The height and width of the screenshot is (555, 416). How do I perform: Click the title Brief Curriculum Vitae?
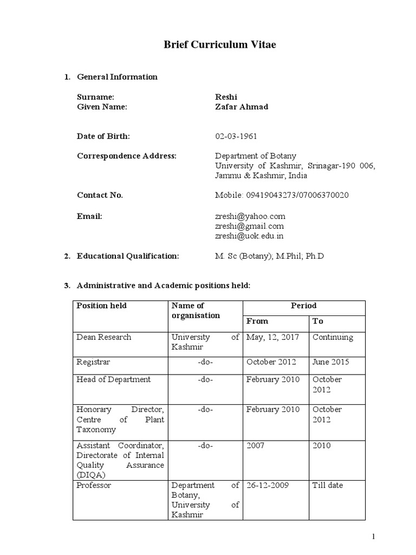[x=219, y=45]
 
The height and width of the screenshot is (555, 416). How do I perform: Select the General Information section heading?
[x=117, y=77]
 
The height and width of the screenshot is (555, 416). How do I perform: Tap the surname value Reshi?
[x=226, y=96]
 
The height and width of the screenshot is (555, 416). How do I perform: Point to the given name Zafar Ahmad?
[x=242, y=107]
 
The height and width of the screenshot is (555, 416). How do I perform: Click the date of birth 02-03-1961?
[x=236, y=135]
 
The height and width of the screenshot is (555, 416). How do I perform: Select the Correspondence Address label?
[x=127, y=156]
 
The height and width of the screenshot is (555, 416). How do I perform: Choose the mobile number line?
[x=282, y=195]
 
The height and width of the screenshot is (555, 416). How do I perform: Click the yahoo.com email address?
[x=250, y=216]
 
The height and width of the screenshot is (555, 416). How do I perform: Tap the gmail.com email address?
[x=249, y=226]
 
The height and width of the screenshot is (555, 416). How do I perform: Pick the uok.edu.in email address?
[x=249, y=236]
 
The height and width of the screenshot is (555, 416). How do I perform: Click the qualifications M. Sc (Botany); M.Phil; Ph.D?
[x=269, y=256]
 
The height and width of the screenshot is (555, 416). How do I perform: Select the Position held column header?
[x=101, y=306]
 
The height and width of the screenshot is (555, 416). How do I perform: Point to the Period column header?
[x=303, y=306]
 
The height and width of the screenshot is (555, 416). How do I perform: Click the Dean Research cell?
[x=103, y=337]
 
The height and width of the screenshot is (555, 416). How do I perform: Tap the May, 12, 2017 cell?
[x=272, y=337]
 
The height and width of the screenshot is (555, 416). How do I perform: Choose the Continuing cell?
[x=333, y=337]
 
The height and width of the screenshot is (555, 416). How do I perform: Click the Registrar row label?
[x=93, y=362]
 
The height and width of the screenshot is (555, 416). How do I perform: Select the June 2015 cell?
[x=330, y=362]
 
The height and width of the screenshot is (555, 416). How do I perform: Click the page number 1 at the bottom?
[x=373, y=537]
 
